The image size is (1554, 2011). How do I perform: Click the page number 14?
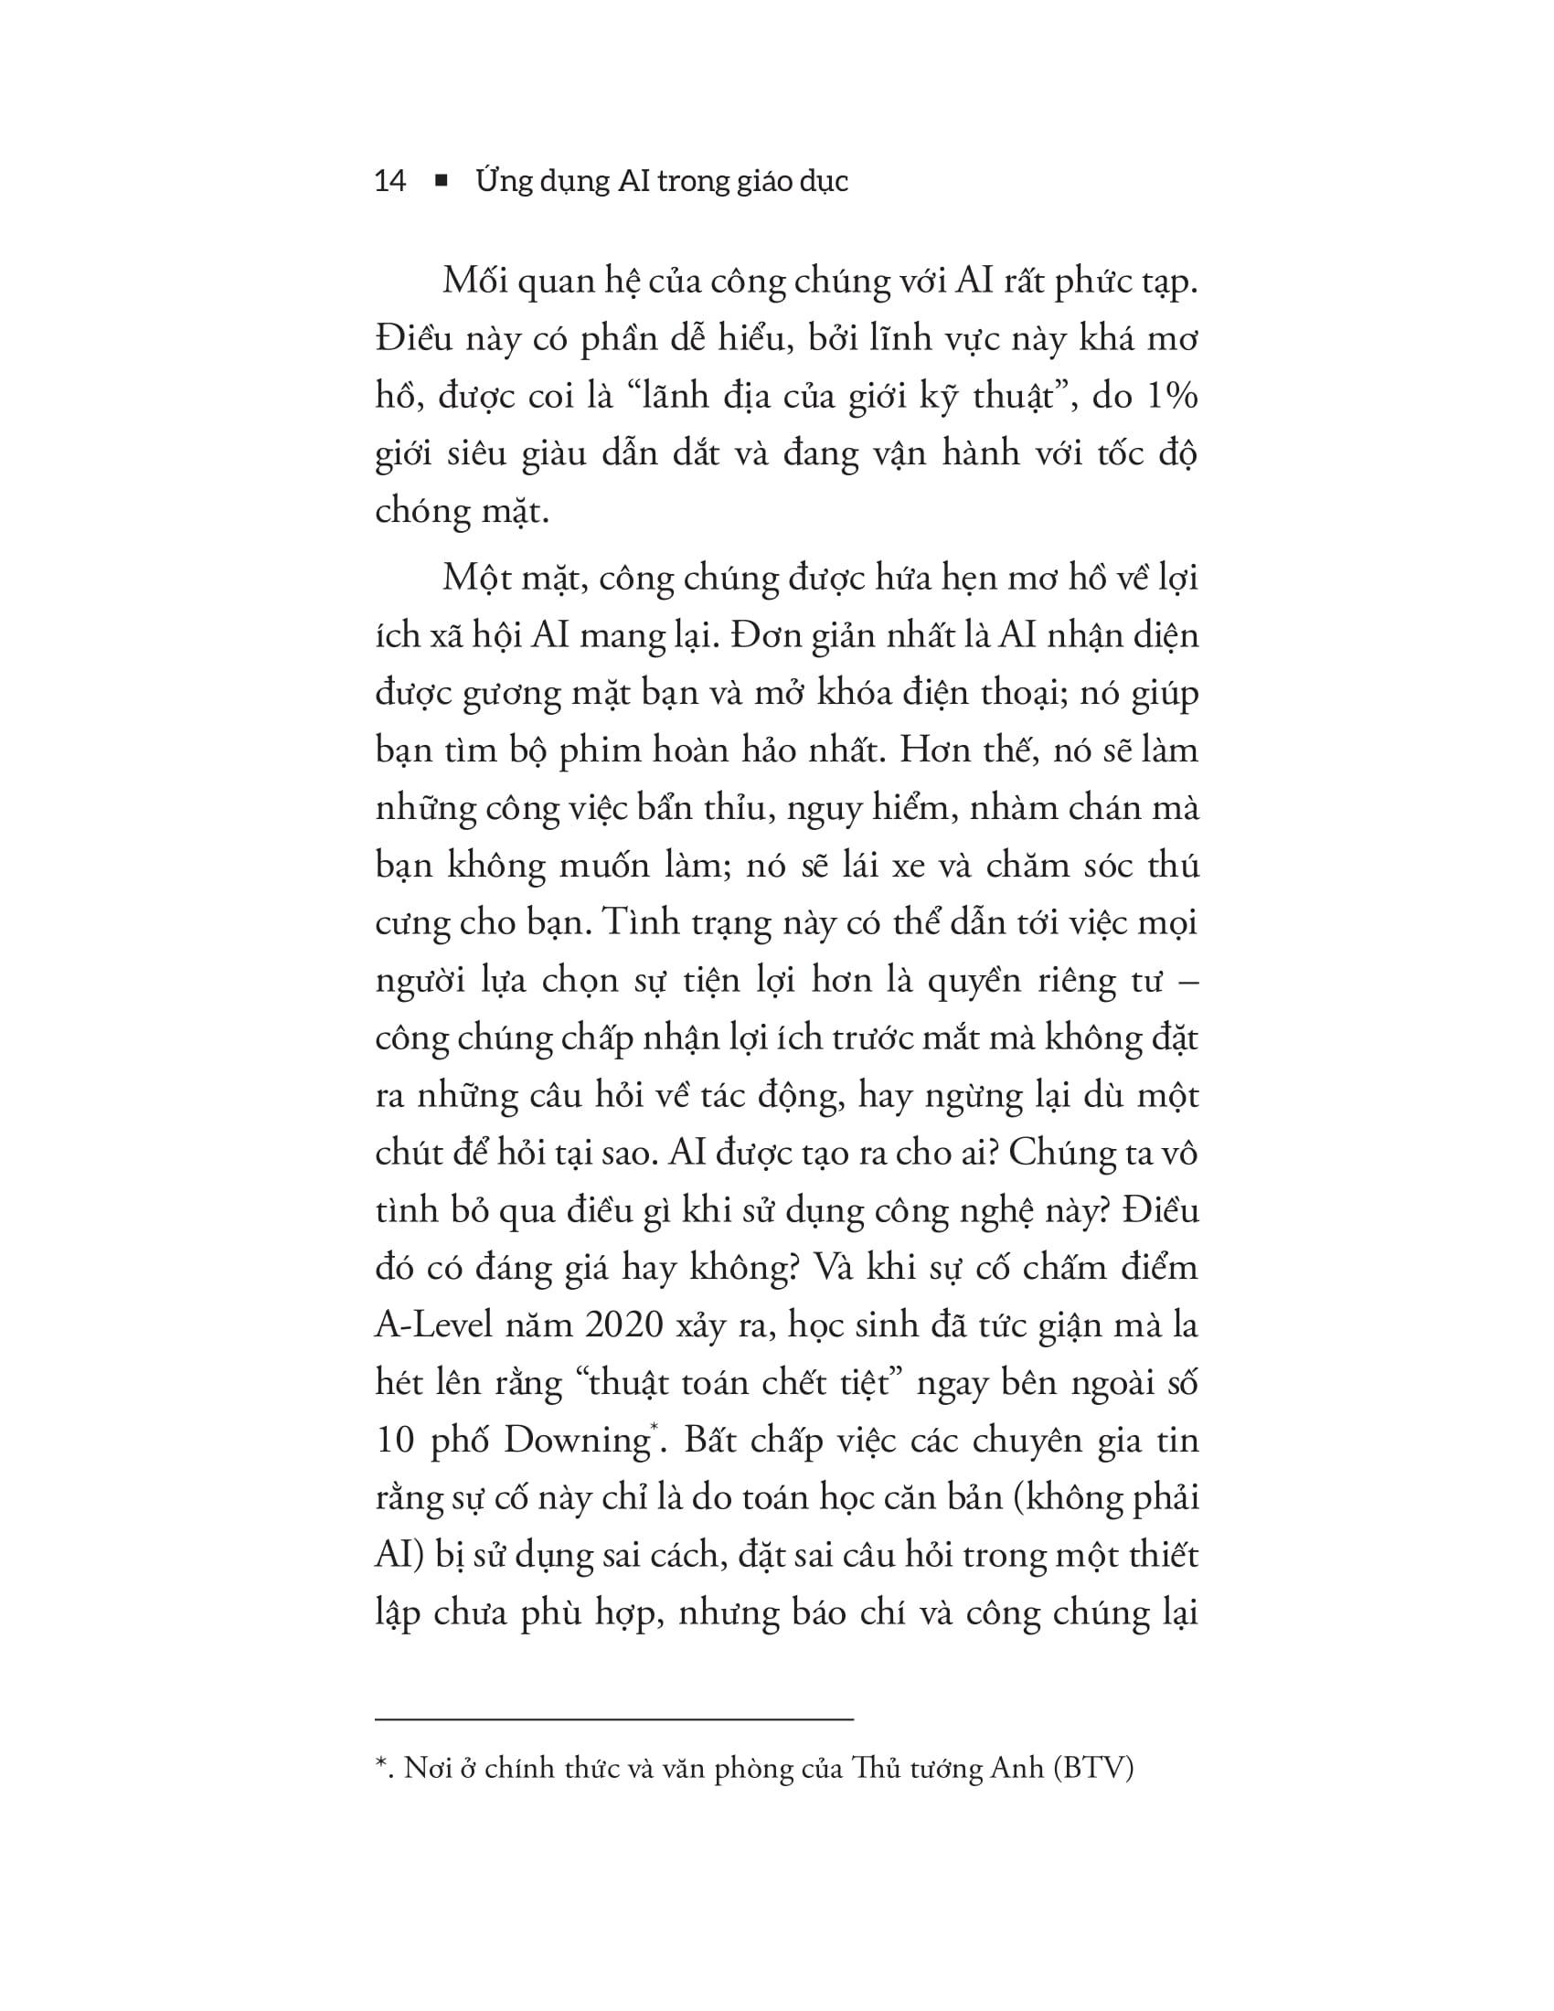coord(390,181)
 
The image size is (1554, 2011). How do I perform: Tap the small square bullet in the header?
coord(440,181)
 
